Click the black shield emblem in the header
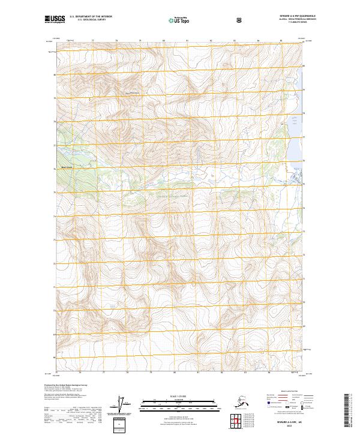point(240,20)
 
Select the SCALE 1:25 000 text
point(179,396)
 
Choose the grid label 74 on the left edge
point(54,216)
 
